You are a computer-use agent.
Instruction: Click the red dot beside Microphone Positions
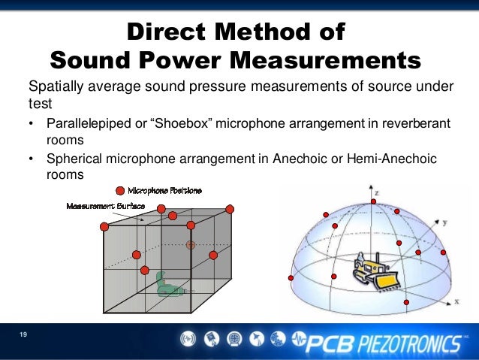coord(119,190)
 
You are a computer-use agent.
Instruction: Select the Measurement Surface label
coord(105,205)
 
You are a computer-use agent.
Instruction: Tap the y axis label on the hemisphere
coord(445,222)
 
